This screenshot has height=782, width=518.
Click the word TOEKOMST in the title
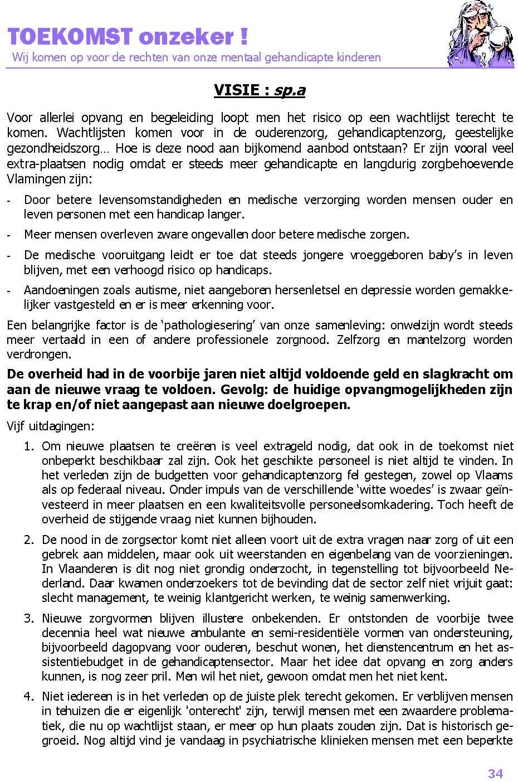pyautogui.click(x=70, y=37)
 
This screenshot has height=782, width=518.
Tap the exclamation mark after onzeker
pyautogui.click(x=244, y=37)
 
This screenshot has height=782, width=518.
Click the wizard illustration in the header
pyautogui.click(x=480, y=35)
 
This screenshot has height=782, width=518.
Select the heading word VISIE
pyautogui.click(x=237, y=90)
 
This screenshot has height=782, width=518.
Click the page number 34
pyautogui.click(x=495, y=774)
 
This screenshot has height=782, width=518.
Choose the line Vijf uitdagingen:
pyautogui.click(x=51, y=426)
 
